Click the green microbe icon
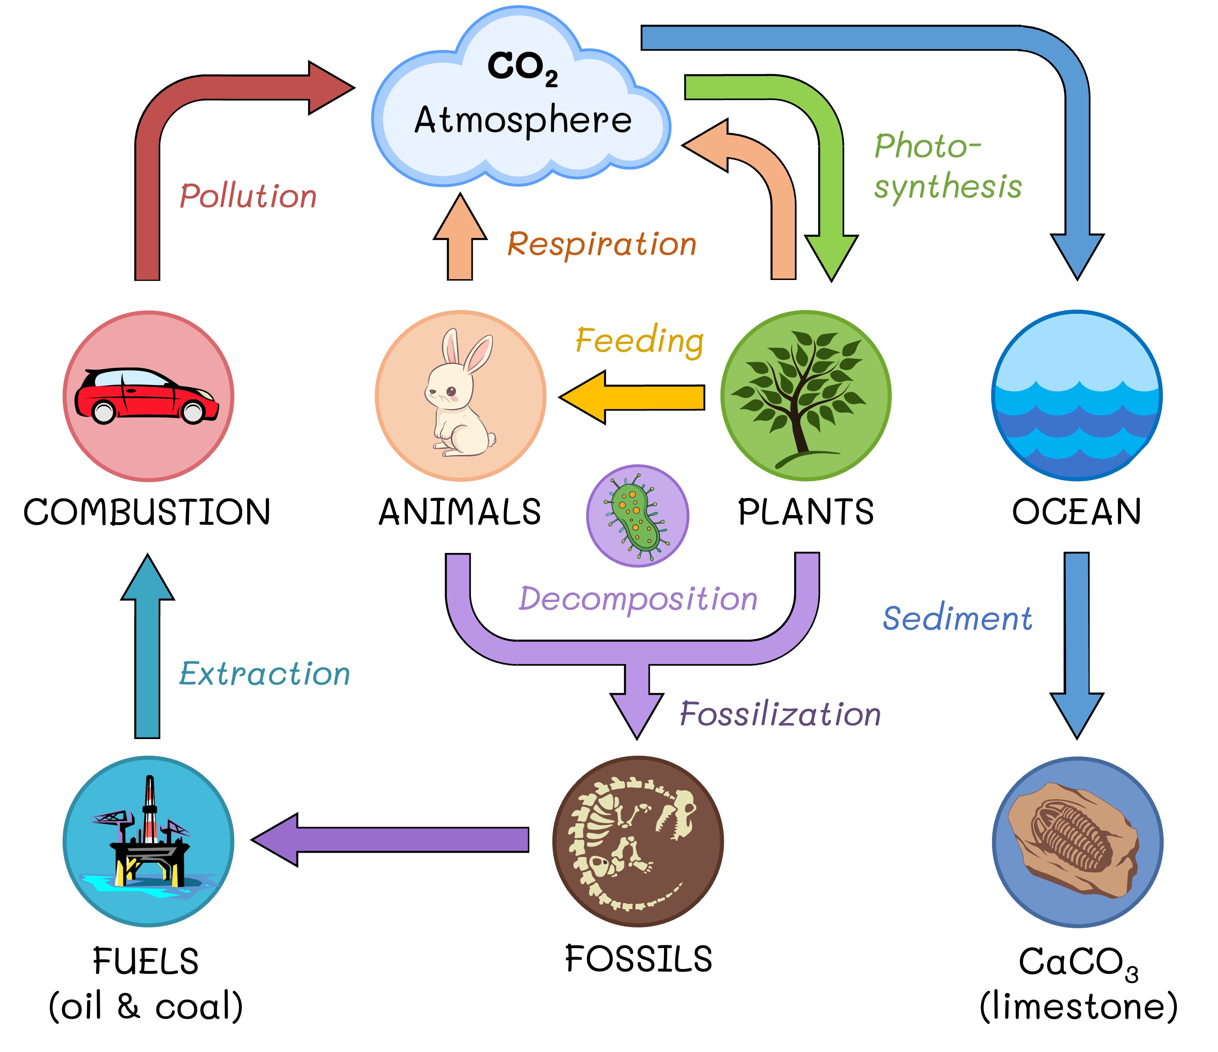[x=637, y=516]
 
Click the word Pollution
[x=248, y=196]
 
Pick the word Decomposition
[x=638, y=599]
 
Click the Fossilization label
[x=780, y=715]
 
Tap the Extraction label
[x=265, y=674]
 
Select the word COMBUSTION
[x=147, y=512]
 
